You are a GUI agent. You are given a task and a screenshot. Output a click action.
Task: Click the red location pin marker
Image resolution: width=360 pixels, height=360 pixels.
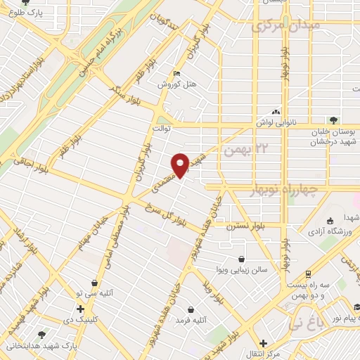(181, 165)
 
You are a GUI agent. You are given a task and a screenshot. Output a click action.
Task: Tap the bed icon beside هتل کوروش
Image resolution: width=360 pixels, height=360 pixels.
(176, 73)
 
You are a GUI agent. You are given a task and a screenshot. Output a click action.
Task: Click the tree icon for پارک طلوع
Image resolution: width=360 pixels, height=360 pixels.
(26, 3)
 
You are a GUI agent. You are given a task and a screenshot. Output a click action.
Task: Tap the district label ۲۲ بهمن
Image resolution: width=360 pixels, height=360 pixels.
(245, 149)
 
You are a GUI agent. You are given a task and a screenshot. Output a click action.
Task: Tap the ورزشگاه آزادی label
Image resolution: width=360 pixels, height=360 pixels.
(330, 232)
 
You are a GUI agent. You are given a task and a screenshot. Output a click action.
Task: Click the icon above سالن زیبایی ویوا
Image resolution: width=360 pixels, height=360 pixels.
(243, 259)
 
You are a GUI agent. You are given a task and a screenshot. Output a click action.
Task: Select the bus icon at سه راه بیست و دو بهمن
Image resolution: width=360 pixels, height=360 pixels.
(309, 274)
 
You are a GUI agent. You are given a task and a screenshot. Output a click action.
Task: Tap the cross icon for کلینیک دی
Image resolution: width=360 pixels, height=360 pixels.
(81, 309)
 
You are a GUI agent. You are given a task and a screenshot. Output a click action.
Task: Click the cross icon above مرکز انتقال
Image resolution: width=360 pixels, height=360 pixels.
(262, 343)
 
